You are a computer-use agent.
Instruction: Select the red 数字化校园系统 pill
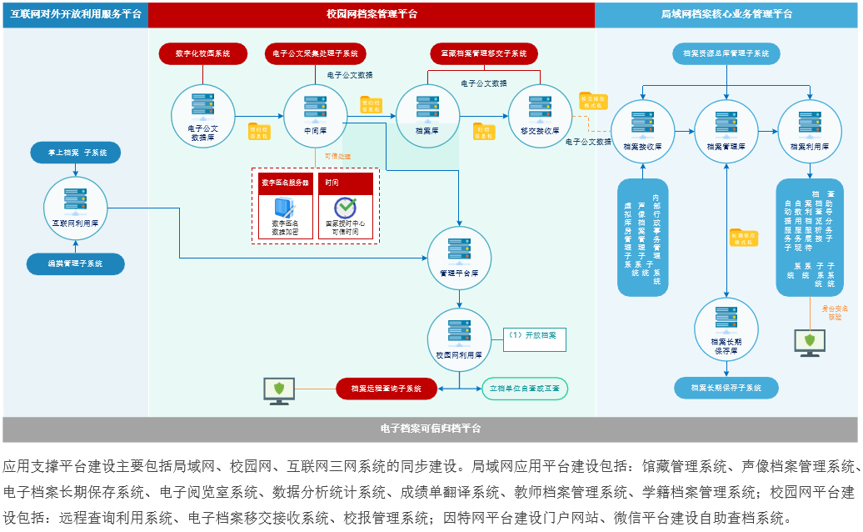pos(203,53)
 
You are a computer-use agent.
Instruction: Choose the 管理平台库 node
pos(459,257)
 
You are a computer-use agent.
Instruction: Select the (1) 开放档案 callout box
pos(534,337)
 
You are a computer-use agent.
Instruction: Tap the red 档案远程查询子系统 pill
pos(386,388)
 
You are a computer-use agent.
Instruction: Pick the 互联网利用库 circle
pos(76,209)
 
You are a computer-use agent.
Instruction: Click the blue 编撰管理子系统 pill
pos(75,263)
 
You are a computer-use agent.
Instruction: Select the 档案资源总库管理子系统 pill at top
pos(726,53)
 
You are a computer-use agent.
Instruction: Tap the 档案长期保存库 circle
pos(726,330)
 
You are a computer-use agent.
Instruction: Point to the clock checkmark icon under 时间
pos(346,208)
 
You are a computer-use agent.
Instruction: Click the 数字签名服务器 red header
pos(285,183)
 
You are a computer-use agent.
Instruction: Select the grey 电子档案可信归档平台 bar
pos(431,429)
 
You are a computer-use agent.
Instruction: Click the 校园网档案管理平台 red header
pos(372,14)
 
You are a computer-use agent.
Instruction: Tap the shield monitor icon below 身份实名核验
pos(809,343)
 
